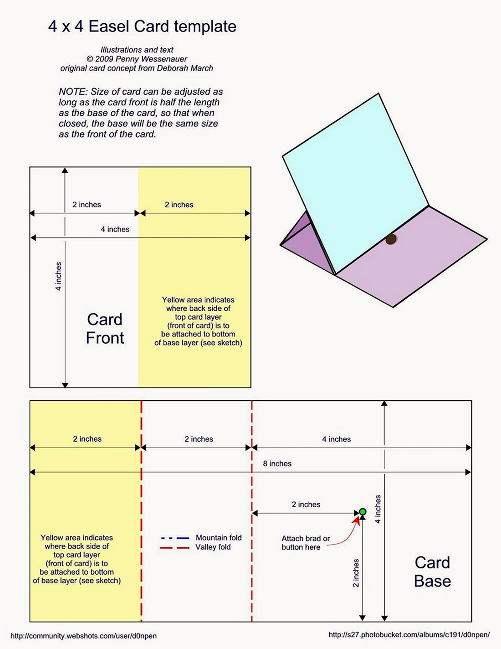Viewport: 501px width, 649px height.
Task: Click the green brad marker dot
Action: [x=363, y=512]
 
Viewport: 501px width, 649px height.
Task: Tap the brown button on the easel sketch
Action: [x=391, y=239]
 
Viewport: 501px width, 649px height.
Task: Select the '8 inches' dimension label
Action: [x=277, y=463]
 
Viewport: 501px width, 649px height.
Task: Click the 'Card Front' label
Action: [x=105, y=329]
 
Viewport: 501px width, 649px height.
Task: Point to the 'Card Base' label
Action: [x=432, y=572]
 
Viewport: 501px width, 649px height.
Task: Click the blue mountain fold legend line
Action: [x=175, y=538]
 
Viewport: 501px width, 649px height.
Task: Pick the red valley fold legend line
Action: [x=175, y=548]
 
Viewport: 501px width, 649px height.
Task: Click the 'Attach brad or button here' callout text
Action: [x=306, y=543]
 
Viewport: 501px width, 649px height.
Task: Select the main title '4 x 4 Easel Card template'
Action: [x=143, y=26]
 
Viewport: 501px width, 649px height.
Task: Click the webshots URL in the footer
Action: [x=83, y=636]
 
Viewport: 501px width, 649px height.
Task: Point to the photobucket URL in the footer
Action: [x=409, y=634]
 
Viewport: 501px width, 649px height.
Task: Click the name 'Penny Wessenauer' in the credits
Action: [x=151, y=59]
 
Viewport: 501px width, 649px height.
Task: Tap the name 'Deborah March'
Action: [x=185, y=68]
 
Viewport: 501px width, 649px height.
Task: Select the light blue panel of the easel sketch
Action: [x=356, y=184]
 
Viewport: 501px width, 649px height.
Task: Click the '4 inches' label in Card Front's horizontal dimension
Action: [x=115, y=229]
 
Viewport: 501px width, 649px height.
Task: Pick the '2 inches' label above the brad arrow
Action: [x=306, y=504]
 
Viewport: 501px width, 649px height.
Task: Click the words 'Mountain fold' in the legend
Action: [x=219, y=538]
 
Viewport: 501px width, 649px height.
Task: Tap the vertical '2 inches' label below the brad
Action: [x=356, y=573]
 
